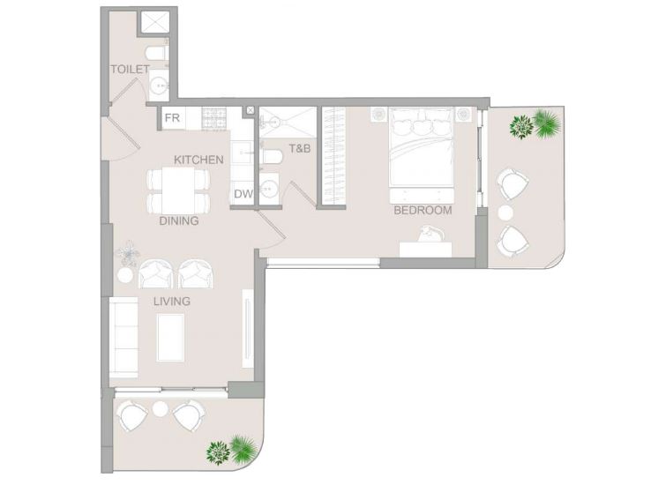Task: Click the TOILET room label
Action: (x=130, y=70)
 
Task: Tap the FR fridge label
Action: (x=172, y=117)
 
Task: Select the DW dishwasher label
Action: (x=243, y=194)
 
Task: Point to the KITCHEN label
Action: (x=198, y=160)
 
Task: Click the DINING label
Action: (x=179, y=220)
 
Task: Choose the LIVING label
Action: (x=172, y=302)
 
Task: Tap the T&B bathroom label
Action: (x=299, y=149)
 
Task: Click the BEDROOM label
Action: (x=423, y=210)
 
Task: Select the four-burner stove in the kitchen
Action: (x=213, y=118)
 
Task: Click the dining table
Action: (x=178, y=190)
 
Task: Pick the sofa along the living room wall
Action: (x=123, y=338)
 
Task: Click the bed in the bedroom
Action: (x=422, y=147)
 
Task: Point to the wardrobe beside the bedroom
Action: (x=333, y=155)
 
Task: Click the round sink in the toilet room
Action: (x=160, y=86)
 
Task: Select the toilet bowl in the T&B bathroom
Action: (x=273, y=155)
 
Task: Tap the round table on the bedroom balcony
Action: (x=505, y=213)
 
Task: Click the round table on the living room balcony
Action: (x=161, y=409)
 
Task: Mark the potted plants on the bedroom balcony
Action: (x=535, y=124)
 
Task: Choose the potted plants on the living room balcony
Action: (x=232, y=450)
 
